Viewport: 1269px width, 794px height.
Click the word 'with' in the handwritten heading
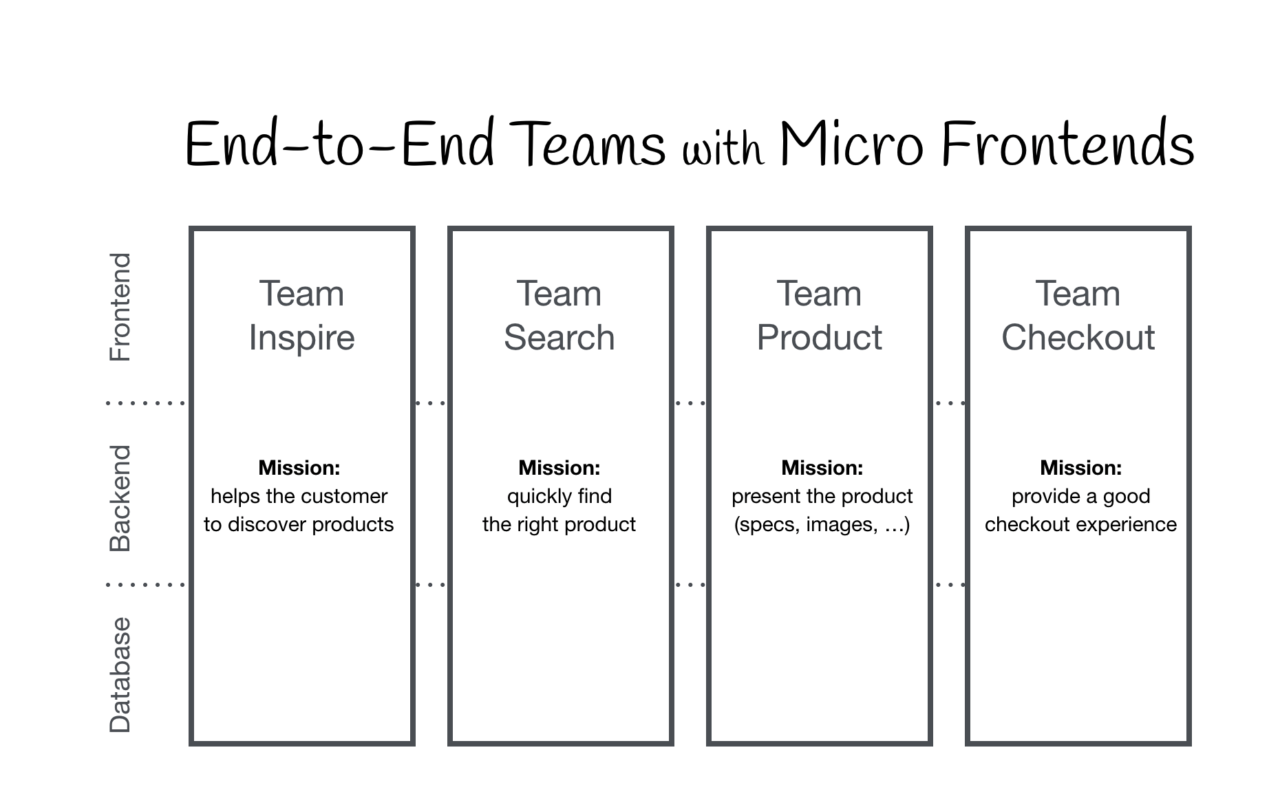point(723,148)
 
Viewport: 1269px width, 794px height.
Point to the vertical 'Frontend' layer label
point(120,307)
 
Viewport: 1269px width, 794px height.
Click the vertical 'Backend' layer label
point(120,498)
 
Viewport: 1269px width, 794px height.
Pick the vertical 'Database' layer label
point(120,675)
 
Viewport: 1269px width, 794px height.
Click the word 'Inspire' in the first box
point(301,338)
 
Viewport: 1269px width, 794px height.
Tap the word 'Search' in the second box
point(559,338)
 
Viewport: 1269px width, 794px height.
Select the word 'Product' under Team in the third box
point(819,338)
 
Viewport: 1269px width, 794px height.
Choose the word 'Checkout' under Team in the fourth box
point(1078,338)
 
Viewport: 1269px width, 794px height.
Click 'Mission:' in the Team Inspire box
point(299,468)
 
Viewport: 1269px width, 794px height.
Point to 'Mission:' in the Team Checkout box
point(1080,468)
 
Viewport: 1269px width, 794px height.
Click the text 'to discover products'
point(299,524)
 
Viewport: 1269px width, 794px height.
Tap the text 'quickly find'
point(559,496)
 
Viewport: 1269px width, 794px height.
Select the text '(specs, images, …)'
point(822,525)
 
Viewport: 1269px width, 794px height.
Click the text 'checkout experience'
point(1080,524)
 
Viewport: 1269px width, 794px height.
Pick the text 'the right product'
point(559,524)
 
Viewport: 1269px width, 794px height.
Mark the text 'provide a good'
point(1080,496)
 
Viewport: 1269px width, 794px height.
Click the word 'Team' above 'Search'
point(559,294)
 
